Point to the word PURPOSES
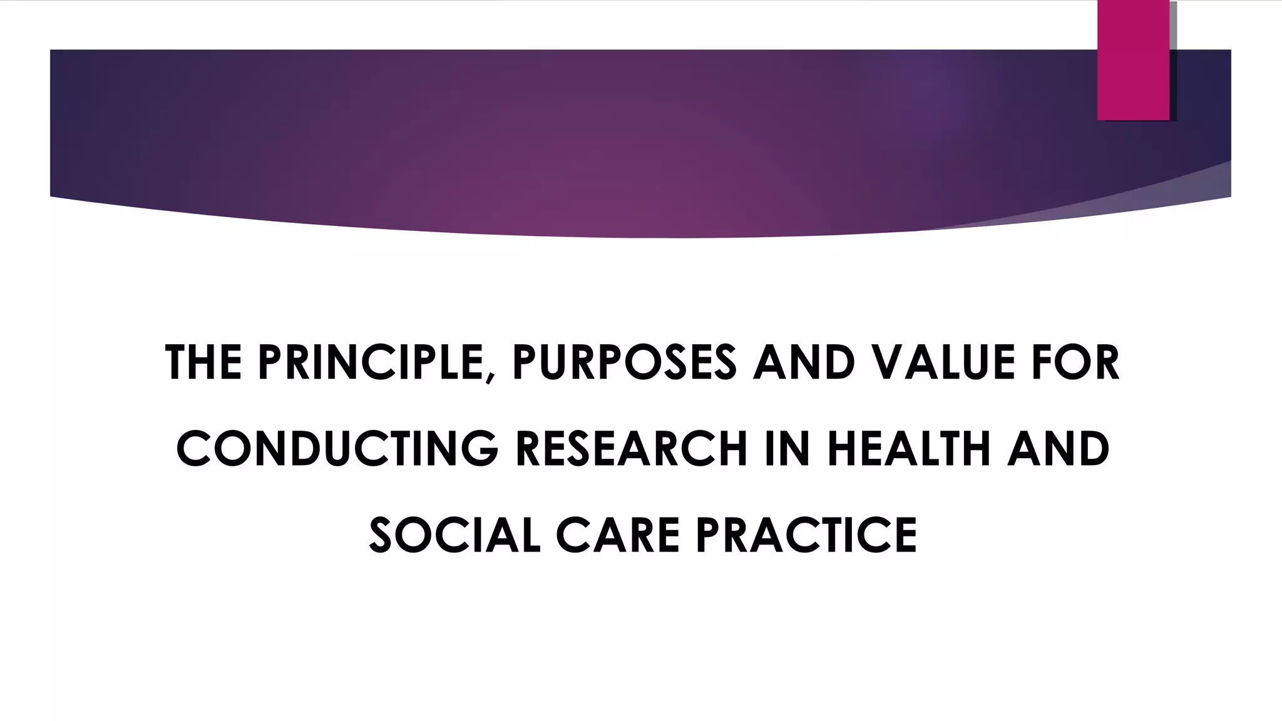[x=624, y=362]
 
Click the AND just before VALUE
[x=804, y=362]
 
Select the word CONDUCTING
[x=337, y=449]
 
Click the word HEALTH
[x=909, y=449]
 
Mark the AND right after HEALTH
[x=1058, y=449]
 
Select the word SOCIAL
[x=454, y=535]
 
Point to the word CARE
[x=617, y=535]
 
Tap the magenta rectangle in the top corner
[x=1133, y=59]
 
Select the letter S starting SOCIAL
[x=383, y=535]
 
